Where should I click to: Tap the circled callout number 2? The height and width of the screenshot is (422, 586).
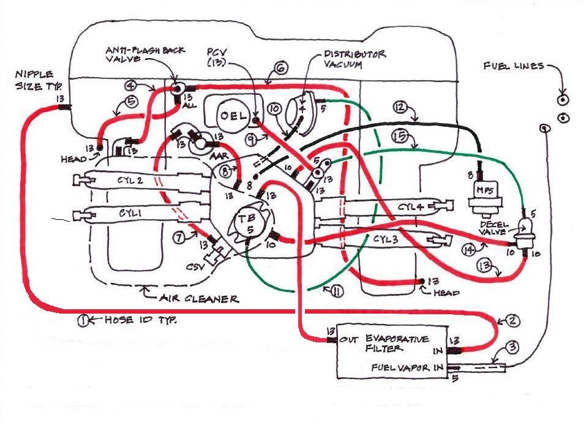tap(513, 320)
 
